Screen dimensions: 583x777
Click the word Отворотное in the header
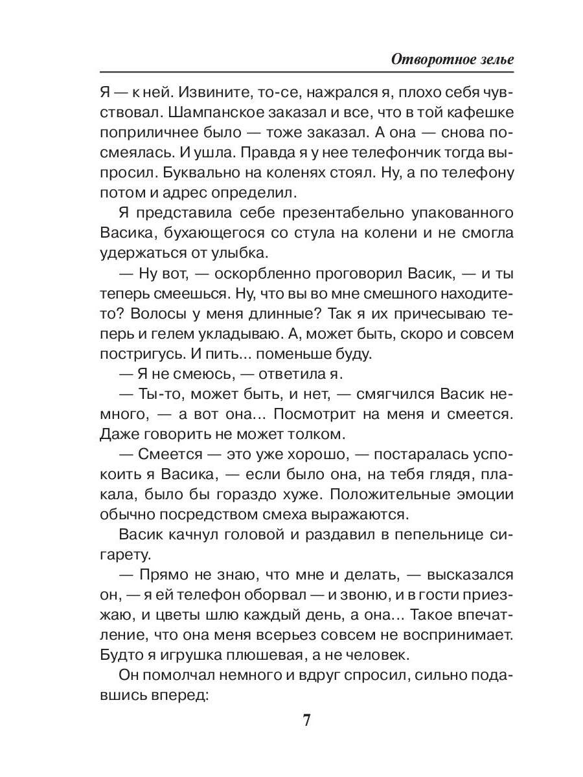[433, 58]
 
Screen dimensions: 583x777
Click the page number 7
[307, 720]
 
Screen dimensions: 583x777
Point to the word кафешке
[480, 111]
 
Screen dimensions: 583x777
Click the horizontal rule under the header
[307, 72]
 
